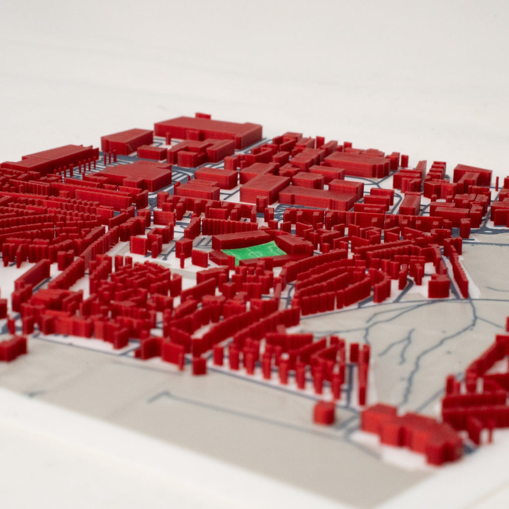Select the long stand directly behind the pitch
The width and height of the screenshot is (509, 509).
point(241,239)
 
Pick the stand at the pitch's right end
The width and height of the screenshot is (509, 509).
point(294,245)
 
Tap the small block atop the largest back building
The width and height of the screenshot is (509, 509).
point(203,116)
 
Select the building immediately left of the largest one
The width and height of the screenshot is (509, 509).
point(127,140)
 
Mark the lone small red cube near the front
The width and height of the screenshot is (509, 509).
point(324,413)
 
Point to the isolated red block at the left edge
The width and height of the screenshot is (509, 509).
point(13,347)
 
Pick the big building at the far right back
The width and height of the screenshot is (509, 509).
point(472,174)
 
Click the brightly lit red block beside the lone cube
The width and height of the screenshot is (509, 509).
point(380,418)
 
